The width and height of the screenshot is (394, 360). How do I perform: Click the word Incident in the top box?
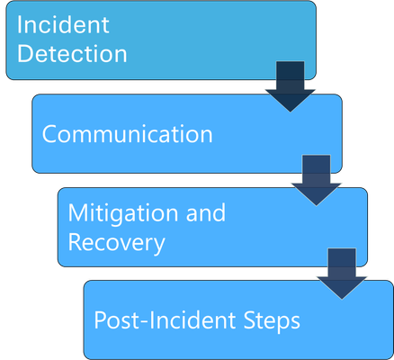pos(63,24)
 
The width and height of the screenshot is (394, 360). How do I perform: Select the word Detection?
pos(72,54)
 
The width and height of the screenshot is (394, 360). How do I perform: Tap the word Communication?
pos(128,134)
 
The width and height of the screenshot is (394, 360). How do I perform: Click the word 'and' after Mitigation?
pos(206,212)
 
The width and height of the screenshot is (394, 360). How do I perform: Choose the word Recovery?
pos(117,242)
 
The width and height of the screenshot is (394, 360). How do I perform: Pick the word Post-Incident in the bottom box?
pos(165,320)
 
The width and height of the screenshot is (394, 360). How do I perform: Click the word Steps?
pos(272,321)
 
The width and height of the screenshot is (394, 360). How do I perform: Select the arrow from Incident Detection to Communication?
pos(290,86)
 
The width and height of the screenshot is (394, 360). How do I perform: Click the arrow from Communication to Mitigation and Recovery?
pos(316,180)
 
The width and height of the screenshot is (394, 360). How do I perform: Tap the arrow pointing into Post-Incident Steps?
pos(342,274)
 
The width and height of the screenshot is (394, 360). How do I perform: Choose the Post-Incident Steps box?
pos(238,320)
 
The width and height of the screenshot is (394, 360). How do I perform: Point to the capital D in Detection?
pos(24,54)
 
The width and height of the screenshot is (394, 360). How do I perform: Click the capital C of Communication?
pos(49,134)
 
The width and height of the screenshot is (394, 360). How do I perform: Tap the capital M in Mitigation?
pos(78,212)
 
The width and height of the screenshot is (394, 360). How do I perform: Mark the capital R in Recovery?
pos(75,242)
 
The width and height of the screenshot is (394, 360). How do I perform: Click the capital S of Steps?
pos(249,320)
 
